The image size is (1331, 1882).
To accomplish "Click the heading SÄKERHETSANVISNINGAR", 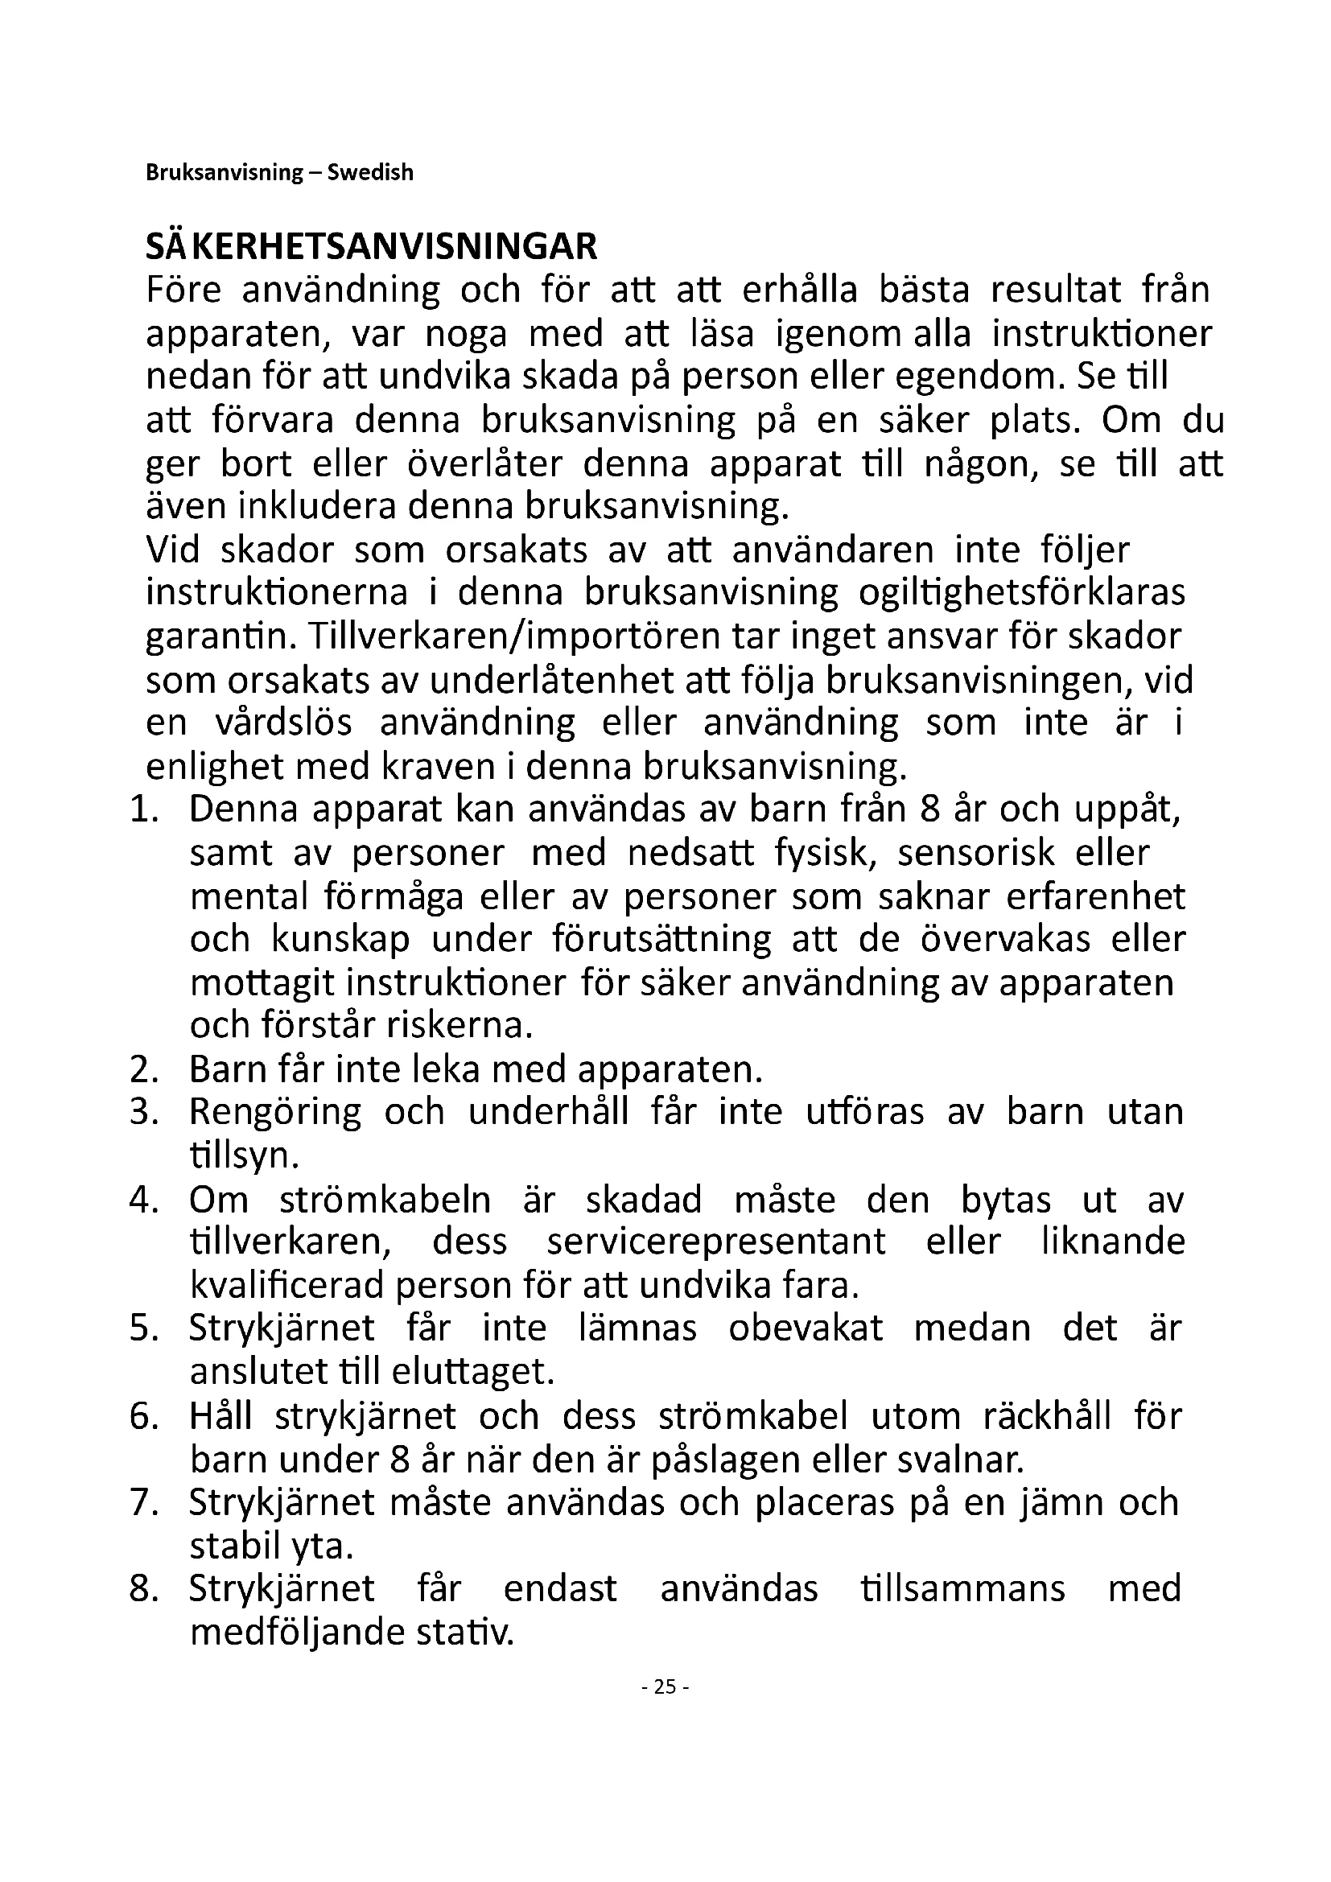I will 371,247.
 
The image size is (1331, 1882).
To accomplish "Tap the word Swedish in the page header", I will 370,173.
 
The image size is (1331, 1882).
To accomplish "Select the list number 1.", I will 142,810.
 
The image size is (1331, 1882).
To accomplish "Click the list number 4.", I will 142,1200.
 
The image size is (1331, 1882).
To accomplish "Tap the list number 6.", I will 142,1416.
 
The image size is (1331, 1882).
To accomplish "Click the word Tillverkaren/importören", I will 522,637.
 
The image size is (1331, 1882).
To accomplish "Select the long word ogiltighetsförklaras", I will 1021,593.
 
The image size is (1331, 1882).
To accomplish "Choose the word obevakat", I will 806,1328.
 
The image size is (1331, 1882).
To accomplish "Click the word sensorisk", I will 975,853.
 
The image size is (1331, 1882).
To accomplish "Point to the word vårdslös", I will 283,723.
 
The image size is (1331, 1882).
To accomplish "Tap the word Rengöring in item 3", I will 274,1112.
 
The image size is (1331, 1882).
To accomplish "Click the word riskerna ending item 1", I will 463,1025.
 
